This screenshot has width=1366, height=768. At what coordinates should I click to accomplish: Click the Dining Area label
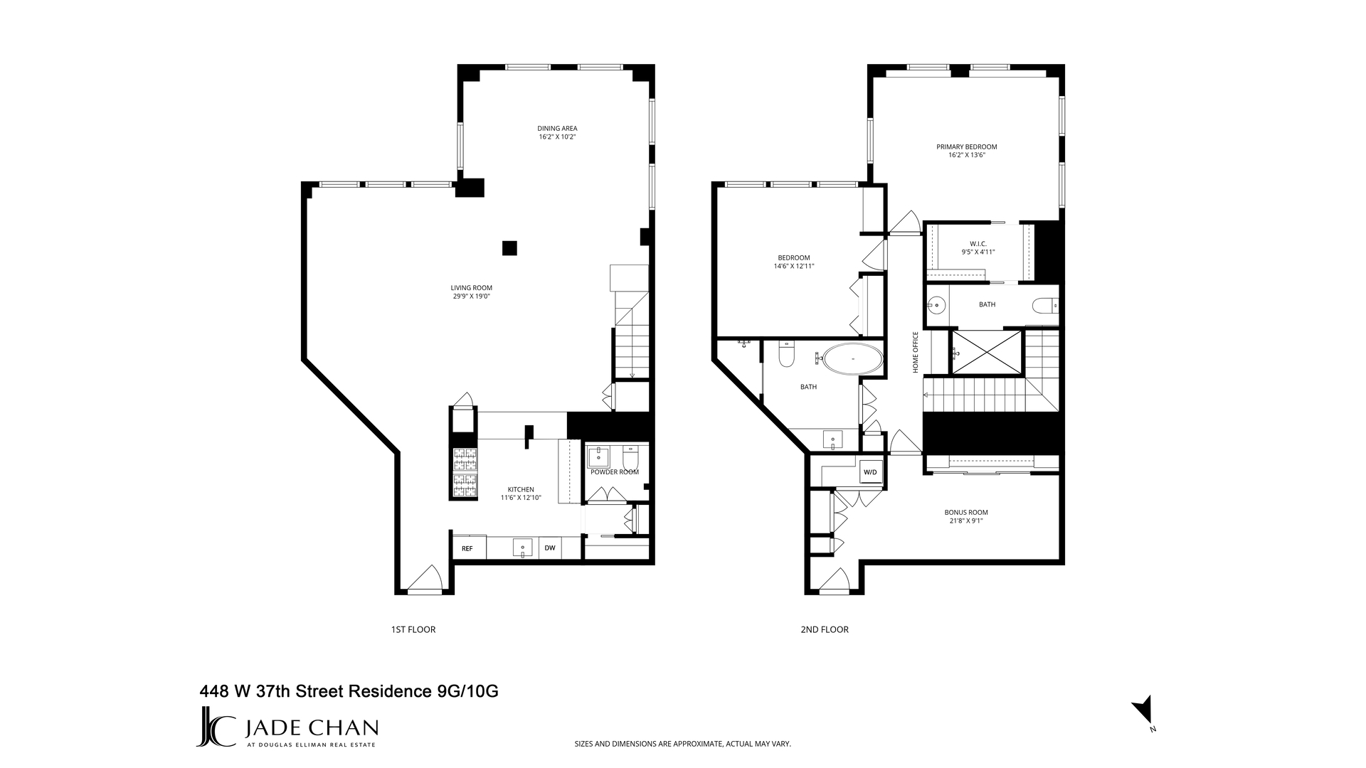(x=557, y=129)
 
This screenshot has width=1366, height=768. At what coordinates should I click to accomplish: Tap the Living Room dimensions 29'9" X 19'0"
(x=471, y=296)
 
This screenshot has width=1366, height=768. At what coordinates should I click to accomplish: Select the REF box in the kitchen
(x=467, y=548)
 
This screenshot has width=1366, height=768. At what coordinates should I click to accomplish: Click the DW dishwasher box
(x=550, y=548)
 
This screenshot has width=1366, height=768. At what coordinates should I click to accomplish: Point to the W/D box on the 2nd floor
(x=870, y=472)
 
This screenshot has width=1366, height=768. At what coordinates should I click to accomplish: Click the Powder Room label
(x=615, y=471)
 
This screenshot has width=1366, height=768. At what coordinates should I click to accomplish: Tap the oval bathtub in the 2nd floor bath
(x=853, y=360)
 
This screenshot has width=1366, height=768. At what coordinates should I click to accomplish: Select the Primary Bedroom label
(x=966, y=147)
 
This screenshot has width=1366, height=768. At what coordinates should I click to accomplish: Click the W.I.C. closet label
(x=978, y=243)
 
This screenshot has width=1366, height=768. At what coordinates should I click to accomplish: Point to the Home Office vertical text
(x=916, y=352)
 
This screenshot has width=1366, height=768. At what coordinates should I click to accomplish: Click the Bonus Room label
(x=966, y=512)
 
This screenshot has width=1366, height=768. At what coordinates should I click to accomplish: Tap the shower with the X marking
(x=986, y=351)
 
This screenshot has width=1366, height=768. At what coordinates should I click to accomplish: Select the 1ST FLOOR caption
(x=413, y=629)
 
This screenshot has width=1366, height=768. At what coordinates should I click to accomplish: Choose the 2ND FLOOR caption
(x=825, y=629)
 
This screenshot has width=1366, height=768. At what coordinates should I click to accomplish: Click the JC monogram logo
(x=216, y=727)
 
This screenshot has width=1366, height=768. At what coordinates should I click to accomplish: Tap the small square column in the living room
(x=509, y=248)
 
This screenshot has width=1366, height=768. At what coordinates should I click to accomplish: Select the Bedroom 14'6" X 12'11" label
(x=793, y=262)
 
